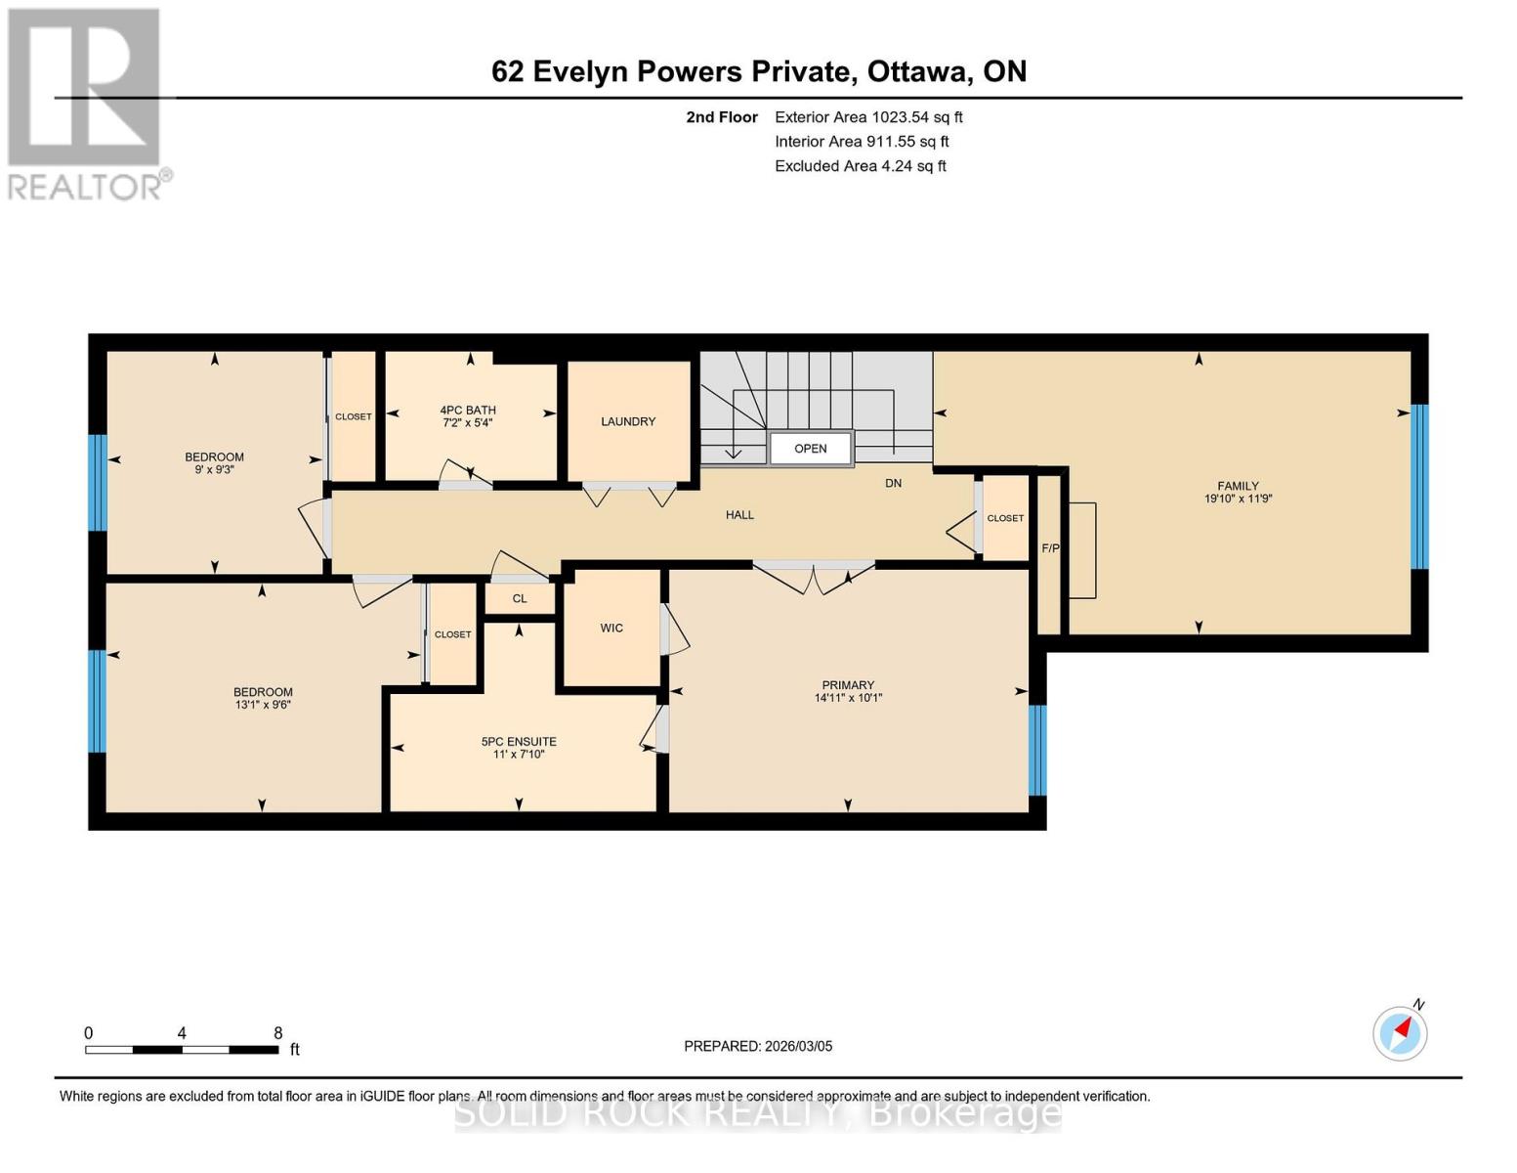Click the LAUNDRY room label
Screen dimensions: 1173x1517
(628, 421)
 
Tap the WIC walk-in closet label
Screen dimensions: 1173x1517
(611, 628)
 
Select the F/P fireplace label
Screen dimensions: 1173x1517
(1050, 548)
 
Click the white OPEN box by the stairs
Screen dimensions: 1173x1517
(811, 449)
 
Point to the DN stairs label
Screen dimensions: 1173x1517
(893, 483)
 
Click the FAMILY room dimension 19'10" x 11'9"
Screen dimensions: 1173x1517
(1238, 499)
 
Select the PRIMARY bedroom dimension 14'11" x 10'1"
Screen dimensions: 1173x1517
(848, 698)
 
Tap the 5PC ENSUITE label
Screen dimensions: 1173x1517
(519, 742)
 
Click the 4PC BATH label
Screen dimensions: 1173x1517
(468, 411)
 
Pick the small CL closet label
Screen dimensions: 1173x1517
(520, 598)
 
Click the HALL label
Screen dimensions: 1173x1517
(739, 515)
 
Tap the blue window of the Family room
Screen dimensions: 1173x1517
(1419, 486)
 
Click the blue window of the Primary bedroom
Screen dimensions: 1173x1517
(1037, 750)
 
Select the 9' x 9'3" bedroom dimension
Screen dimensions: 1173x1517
(215, 469)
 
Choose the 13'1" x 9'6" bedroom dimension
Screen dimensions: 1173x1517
(263, 704)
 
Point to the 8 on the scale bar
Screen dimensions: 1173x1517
(278, 1033)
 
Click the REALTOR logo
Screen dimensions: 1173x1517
(86, 103)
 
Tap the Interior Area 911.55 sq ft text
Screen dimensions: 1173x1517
(862, 142)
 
